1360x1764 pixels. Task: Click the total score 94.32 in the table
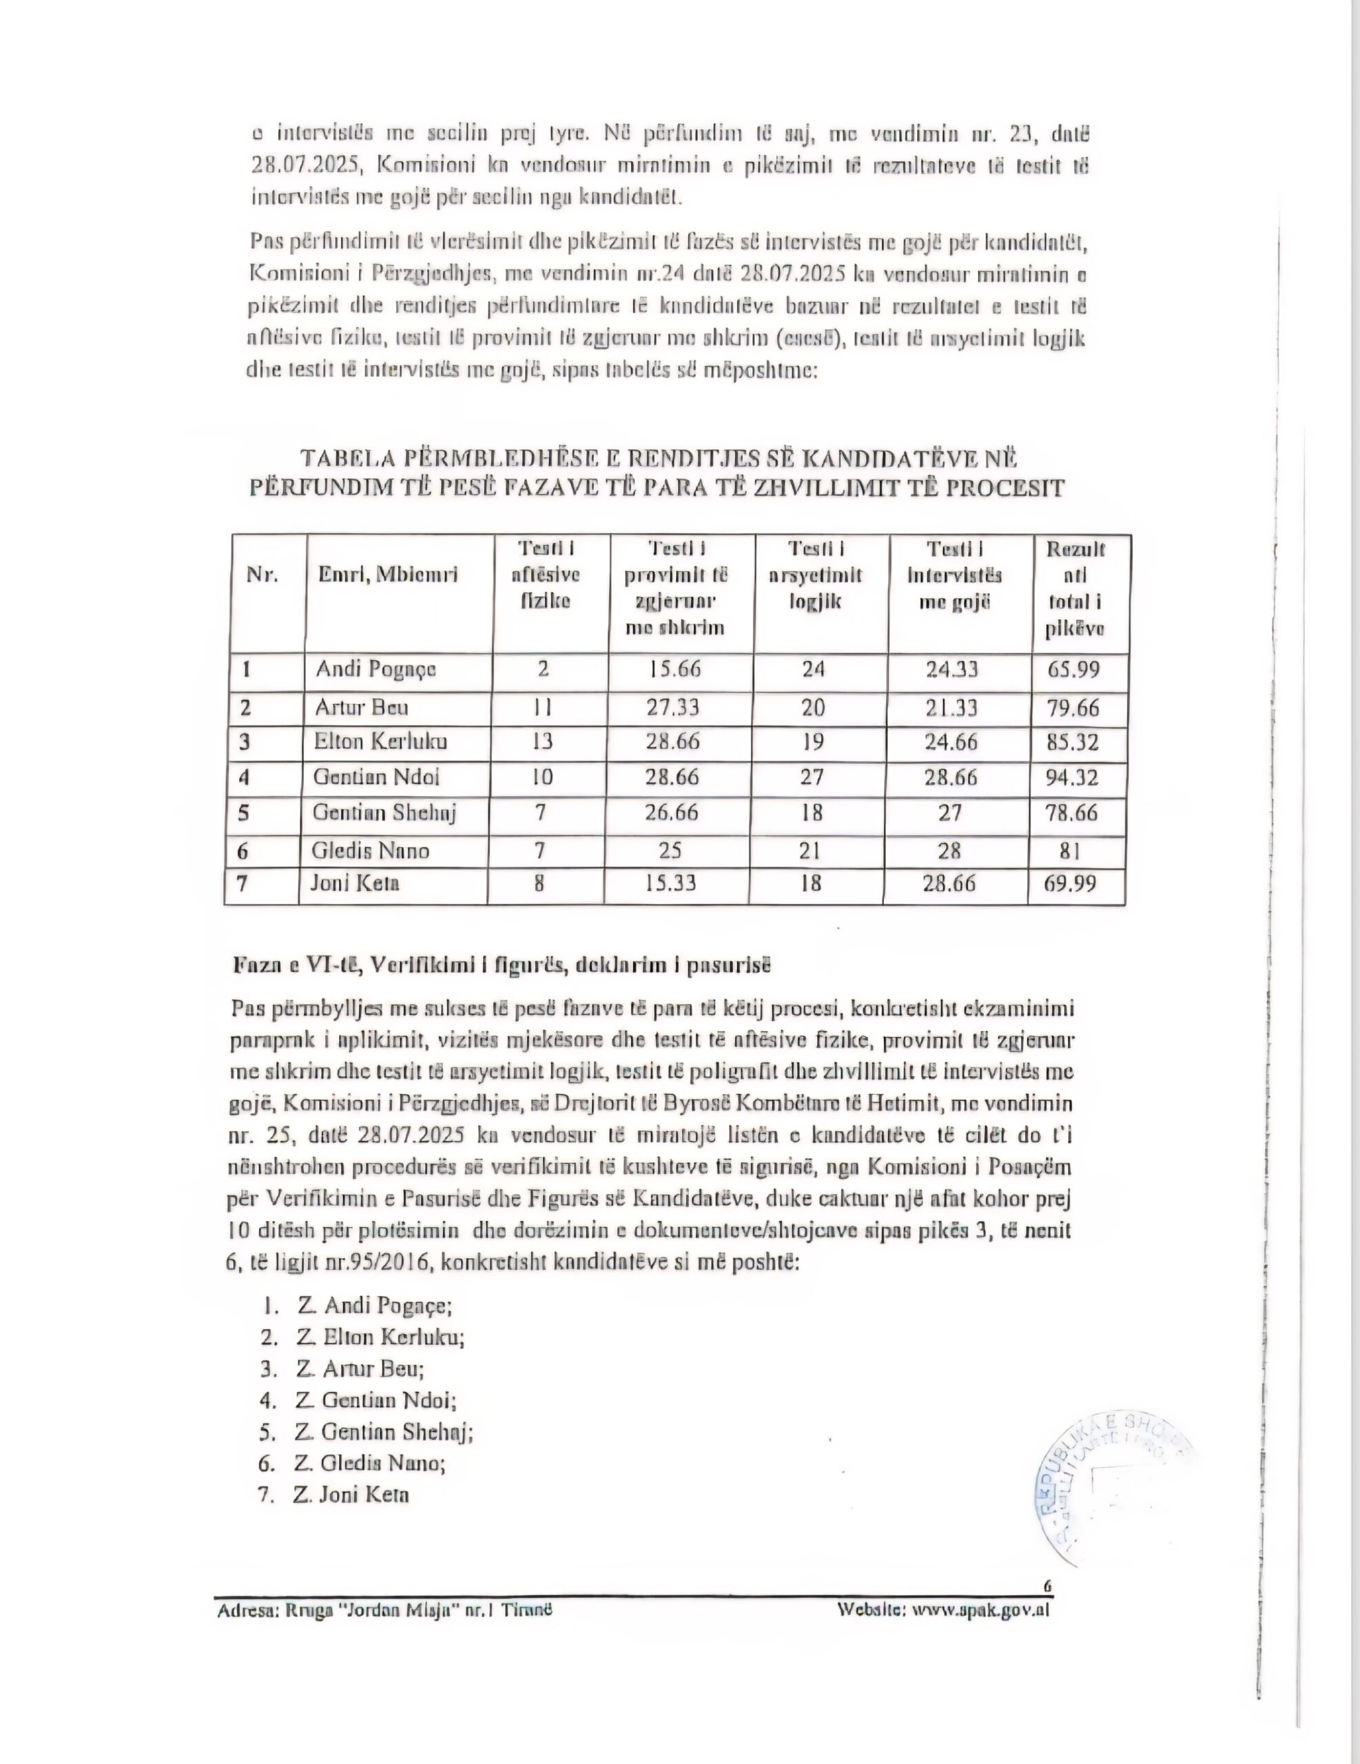[x=1073, y=778]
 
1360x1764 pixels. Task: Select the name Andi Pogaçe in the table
[x=375, y=670]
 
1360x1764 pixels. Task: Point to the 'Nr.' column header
[x=262, y=575]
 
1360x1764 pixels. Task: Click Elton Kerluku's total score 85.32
[x=1073, y=741]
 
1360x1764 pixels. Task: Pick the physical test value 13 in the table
[x=542, y=741]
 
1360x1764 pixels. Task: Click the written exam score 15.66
[x=675, y=669]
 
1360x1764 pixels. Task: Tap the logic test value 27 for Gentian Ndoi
[x=812, y=777]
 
